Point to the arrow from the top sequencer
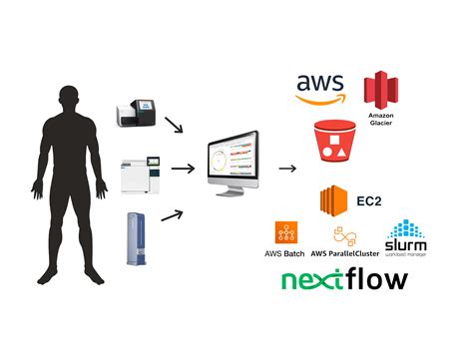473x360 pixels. coord(174,124)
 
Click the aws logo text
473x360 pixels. coord(319,84)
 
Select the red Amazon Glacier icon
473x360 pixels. coord(379,91)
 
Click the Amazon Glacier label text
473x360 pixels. coord(380,123)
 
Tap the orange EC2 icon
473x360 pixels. coord(332,200)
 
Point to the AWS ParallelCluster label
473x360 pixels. coord(346,254)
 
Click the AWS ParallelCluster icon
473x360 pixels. coord(345,235)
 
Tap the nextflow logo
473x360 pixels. coord(343,279)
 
